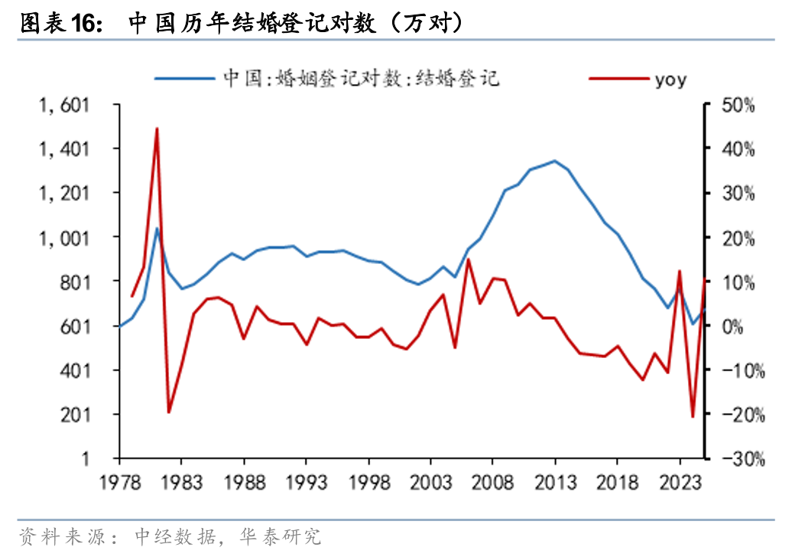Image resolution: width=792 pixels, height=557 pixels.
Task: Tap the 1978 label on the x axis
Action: click(119, 484)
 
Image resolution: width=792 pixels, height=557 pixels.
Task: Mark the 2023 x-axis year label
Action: click(679, 484)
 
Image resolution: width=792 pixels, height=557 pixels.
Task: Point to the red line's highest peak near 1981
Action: click(157, 129)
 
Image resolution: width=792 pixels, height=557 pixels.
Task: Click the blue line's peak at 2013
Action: click(554, 161)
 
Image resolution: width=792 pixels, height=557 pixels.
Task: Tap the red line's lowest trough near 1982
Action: click(169, 412)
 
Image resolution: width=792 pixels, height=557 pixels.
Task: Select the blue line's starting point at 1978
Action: click(120, 326)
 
